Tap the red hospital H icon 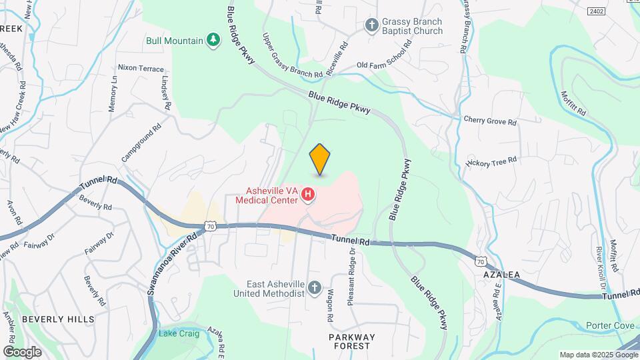tap(308, 195)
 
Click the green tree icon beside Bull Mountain tap(213, 41)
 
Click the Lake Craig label tap(177, 333)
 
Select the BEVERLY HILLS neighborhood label tap(58, 319)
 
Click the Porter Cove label tap(610, 325)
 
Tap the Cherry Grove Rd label tap(490, 121)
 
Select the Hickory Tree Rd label tap(491, 161)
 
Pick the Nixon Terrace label tap(141, 68)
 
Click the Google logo tap(22, 351)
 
